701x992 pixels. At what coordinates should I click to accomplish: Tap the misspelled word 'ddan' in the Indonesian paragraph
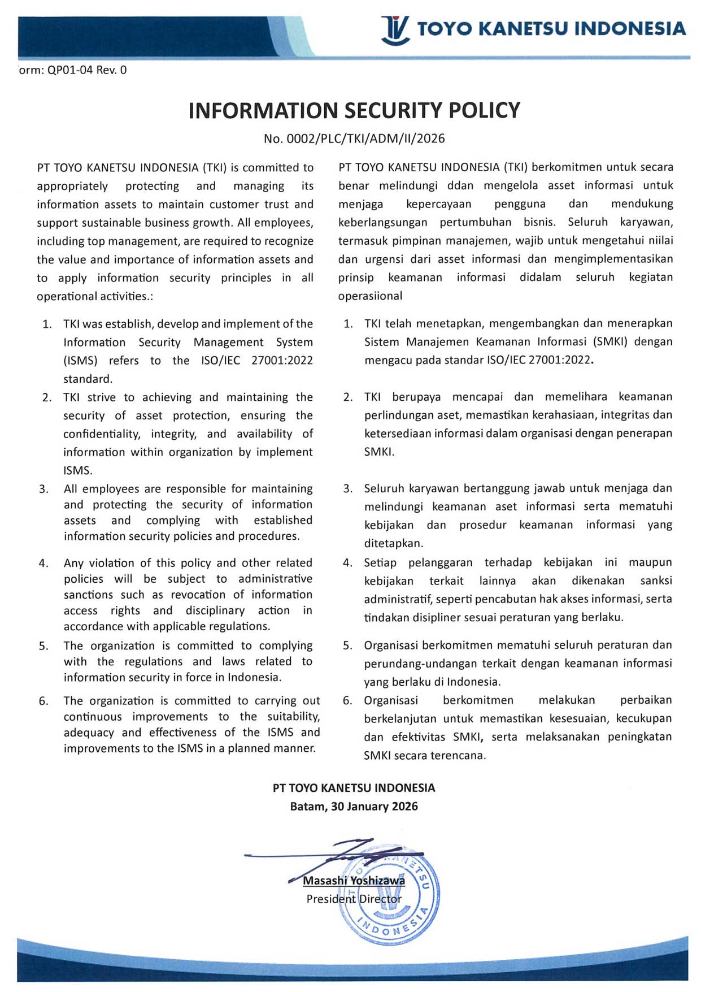point(460,185)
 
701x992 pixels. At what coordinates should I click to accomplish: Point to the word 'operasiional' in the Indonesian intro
point(370,296)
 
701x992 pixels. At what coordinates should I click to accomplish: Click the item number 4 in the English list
point(43,563)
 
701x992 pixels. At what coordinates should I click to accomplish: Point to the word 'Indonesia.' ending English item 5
point(255,677)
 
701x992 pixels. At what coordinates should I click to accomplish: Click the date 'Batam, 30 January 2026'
point(354,807)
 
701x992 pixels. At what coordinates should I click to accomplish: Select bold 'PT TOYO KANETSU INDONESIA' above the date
point(354,788)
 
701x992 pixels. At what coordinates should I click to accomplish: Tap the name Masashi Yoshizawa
point(354,881)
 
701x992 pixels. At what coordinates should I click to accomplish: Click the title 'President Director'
point(354,899)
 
